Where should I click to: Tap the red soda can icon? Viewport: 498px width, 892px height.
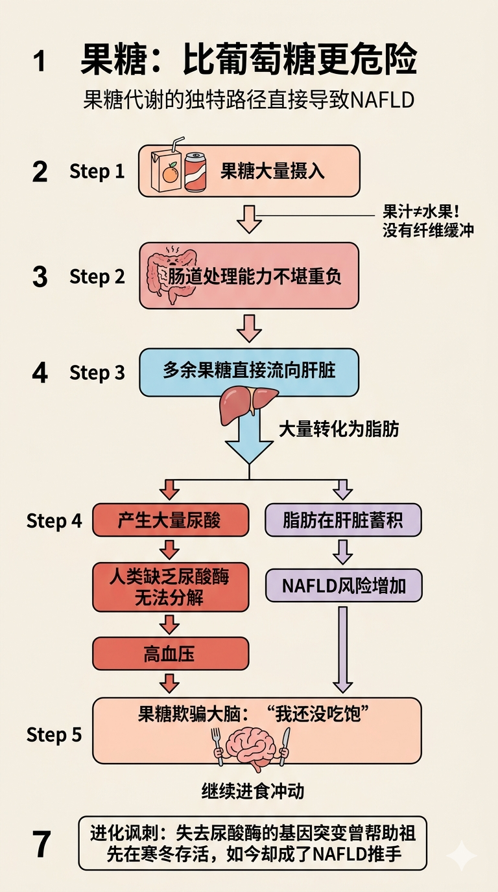click(195, 172)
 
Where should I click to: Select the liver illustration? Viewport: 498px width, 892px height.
click(248, 403)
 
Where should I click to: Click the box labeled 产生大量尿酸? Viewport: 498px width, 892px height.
click(170, 520)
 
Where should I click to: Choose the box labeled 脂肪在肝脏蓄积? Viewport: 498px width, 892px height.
click(343, 520)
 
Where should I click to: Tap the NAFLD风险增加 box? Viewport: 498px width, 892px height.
click(344, 586)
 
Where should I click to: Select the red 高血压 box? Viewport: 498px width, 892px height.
click(170, 654)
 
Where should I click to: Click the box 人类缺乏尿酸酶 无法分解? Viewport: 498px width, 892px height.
click(170, 587)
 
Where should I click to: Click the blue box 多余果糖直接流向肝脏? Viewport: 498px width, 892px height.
click(248, 372)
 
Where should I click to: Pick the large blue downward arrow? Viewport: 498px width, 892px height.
click(248, 441)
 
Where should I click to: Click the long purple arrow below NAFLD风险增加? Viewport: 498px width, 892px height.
click(342, 648)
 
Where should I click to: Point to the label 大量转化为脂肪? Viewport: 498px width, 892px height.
click(338, 428)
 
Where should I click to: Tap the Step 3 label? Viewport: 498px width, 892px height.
click(97, 373)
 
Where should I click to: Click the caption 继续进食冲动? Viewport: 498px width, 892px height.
click(253, 791)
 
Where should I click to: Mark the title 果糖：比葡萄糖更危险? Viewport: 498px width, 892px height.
click(248, 61)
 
